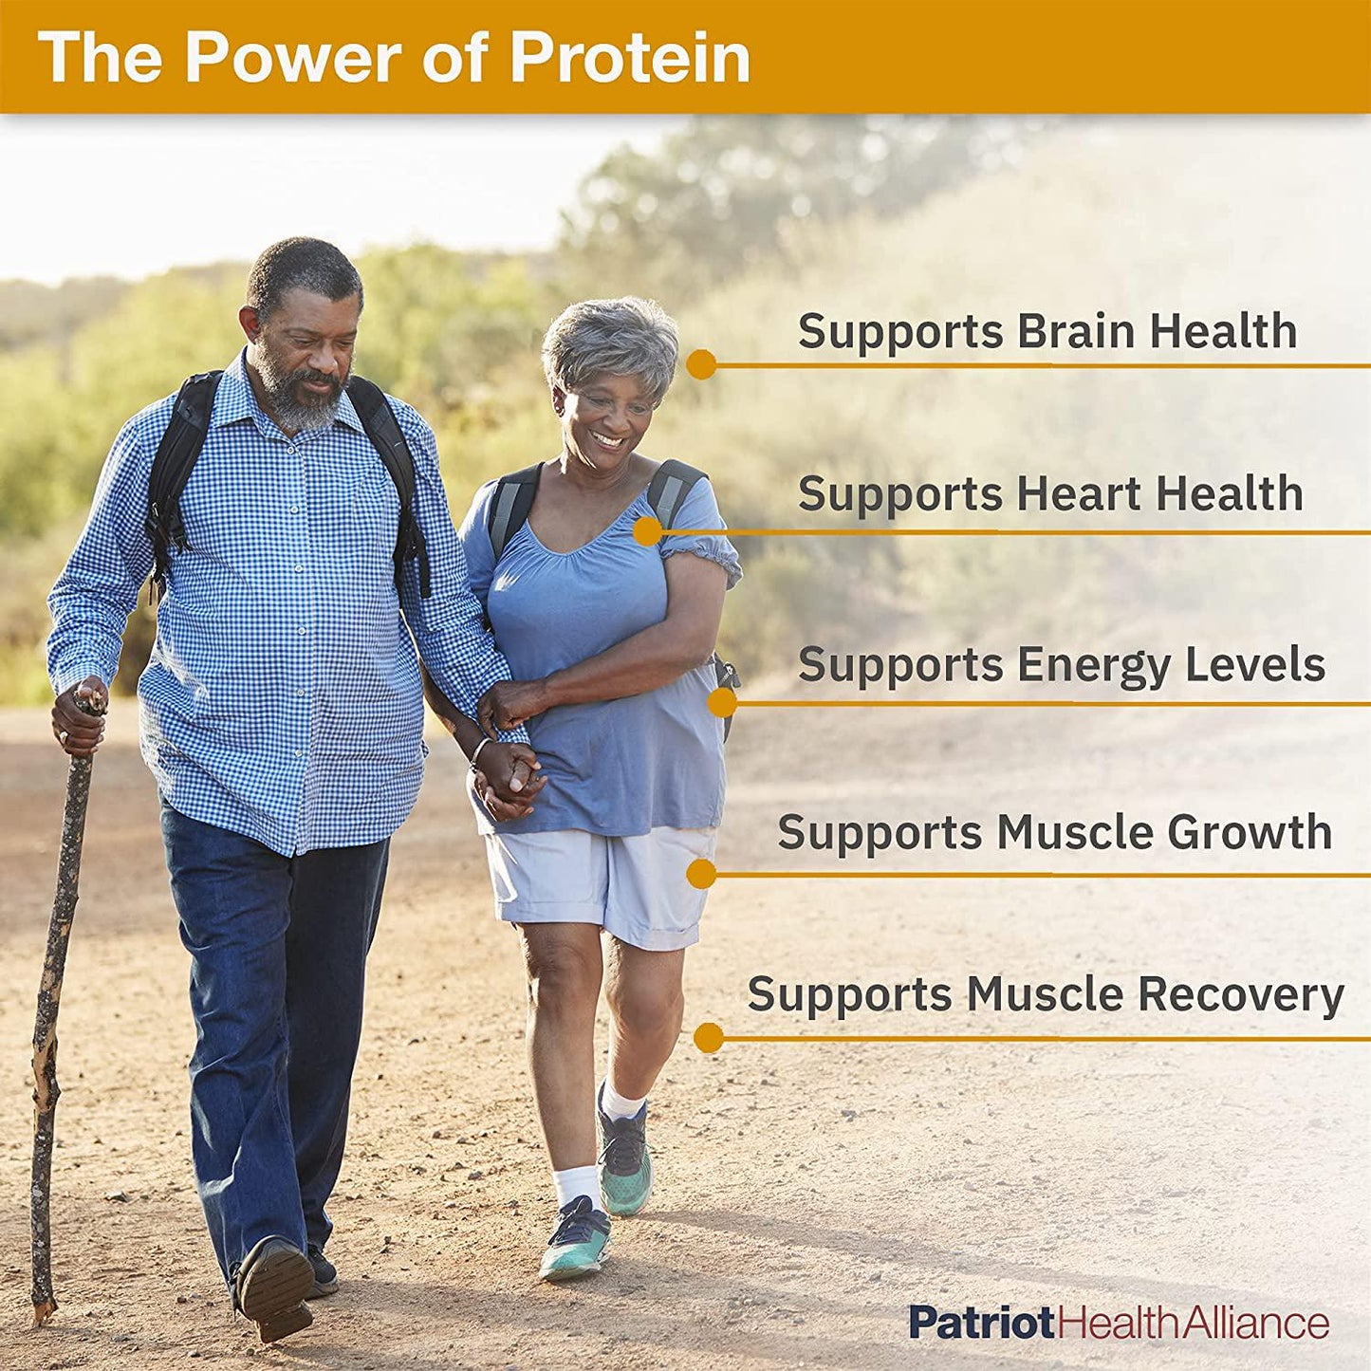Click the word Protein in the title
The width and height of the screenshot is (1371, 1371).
[630, 60]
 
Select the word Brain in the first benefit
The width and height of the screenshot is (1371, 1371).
[1076, 332]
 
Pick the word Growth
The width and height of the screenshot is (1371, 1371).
[1250, 833]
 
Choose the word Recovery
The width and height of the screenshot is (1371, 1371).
[1241, 996]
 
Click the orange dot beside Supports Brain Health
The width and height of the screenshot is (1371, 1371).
[701, 364]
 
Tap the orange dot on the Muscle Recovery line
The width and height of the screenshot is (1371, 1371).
[708, 1038]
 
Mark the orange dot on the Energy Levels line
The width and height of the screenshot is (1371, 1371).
[722, 703]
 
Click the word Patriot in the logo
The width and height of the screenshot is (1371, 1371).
[982, 1323]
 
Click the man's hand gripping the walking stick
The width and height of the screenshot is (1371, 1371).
[78, 716]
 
